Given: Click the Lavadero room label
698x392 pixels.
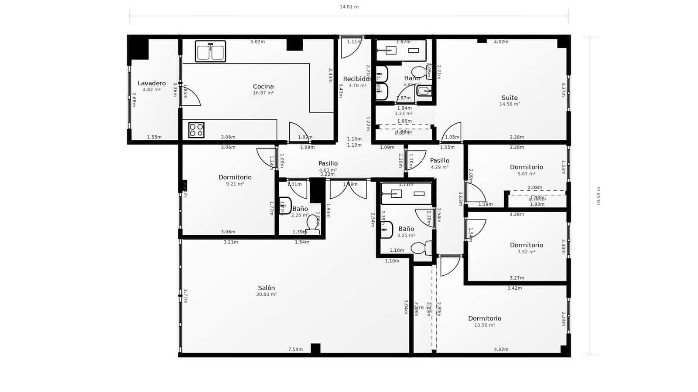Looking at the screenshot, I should (152, 83).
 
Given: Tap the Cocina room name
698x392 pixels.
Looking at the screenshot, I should (263, 86).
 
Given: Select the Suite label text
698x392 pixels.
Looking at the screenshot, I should (510, 98).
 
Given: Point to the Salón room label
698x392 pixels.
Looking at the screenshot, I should (267, 288).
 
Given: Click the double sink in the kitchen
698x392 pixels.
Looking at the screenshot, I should (210, 51).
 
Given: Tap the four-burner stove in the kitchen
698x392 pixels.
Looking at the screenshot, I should (196, 130).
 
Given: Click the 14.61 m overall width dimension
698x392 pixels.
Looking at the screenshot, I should (349, 7).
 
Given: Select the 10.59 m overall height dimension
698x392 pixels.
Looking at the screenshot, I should (599, 196).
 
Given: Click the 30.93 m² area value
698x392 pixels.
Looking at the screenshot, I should (267, 294).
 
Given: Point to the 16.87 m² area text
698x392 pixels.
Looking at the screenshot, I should (263, 93).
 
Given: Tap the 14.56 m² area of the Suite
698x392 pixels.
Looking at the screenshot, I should (510, 104).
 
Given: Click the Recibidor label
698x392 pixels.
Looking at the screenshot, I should (357, 79).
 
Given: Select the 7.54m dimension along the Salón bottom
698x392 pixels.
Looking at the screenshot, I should (295, 349).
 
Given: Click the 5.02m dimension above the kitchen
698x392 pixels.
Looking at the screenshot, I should (257, 42).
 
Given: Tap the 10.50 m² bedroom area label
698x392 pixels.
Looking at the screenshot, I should (485, 325).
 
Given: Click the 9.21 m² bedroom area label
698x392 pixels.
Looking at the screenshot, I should (235, 184).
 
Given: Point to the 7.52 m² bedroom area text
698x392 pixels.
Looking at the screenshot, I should (527, 252).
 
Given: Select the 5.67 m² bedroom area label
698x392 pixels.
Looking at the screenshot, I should (527, 174).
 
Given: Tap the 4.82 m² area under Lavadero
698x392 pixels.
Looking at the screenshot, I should (152, 90).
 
